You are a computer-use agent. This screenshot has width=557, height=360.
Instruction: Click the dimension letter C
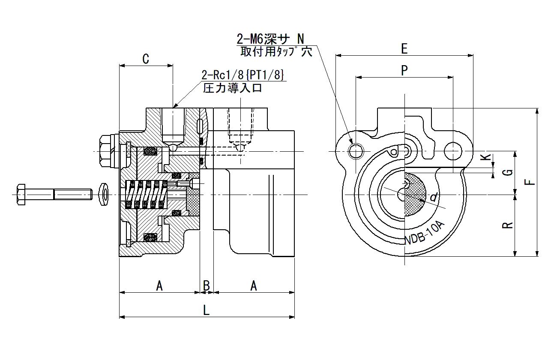coord(146,59)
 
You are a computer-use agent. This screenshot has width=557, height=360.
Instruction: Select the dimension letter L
coord(207,310)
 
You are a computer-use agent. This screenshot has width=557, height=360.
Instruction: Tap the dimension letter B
coord(207,285)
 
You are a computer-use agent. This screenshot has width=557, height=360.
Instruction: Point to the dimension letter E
coord(404,48)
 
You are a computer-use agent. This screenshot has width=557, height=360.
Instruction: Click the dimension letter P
coord(404,70)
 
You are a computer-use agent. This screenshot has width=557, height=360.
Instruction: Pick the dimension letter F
coord(530,182)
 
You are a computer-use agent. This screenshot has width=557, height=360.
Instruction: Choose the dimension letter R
coord(508,225)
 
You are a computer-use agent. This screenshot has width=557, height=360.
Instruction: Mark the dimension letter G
coord(508,172)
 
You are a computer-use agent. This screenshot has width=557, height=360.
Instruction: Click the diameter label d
coord(434,197)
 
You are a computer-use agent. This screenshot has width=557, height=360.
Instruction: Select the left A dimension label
coord(159,285)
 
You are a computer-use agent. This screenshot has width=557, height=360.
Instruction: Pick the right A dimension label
coord(253,285)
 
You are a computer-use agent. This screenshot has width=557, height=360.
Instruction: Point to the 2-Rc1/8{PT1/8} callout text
coord(243,75)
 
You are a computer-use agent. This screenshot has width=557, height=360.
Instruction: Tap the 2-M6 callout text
coord(270,39)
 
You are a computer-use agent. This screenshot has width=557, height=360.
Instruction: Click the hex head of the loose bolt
coord(21,195)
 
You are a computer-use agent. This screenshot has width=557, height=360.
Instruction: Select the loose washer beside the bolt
coord(104,194)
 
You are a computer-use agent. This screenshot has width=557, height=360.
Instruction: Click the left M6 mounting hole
coord(356,151)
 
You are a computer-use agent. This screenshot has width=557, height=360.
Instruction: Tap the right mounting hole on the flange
coord(453,151)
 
